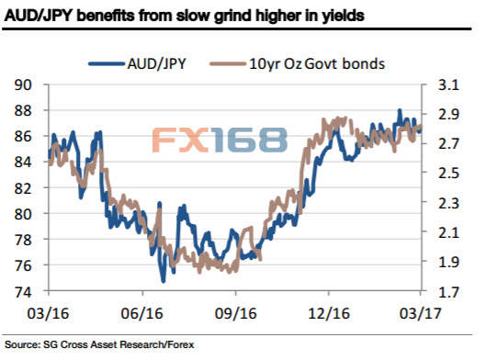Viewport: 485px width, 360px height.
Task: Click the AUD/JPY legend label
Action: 157,63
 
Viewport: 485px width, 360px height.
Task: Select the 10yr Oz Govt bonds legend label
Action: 317,63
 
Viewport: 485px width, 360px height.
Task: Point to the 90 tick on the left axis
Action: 23,84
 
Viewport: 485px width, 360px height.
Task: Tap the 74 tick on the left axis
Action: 23,291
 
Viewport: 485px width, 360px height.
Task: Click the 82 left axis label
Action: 23,187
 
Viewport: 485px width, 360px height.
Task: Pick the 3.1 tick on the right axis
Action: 448,84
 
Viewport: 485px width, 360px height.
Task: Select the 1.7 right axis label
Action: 448,291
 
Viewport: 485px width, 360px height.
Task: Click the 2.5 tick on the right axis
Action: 448,174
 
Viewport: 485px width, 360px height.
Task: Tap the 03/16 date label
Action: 48,313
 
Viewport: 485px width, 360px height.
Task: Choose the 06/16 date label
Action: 142,313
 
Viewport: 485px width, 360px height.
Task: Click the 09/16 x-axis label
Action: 236,313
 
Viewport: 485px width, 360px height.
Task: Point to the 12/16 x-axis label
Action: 329,313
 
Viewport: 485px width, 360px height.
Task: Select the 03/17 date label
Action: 420,313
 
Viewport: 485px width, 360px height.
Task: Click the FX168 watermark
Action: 220,141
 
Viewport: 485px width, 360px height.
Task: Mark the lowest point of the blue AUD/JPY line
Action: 164,281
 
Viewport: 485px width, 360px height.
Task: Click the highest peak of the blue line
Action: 400,110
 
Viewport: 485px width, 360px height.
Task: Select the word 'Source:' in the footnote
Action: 22,344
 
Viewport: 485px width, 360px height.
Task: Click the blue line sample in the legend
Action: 107,64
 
